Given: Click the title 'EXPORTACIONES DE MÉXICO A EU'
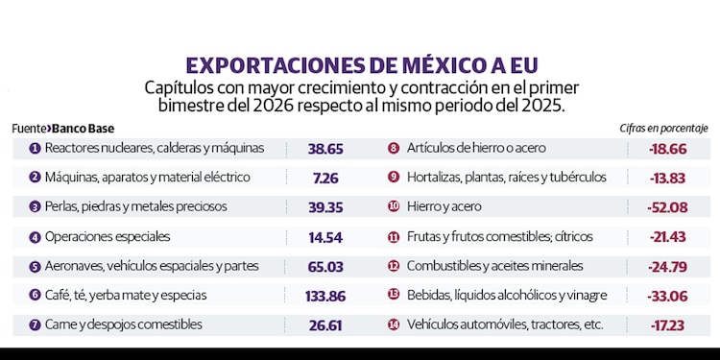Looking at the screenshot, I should (x=360, y=66).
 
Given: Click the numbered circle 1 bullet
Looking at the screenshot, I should (x=35, y=149).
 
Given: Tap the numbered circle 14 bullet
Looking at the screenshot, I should (x=394, y=325).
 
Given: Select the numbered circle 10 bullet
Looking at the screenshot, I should (x=394, y=207).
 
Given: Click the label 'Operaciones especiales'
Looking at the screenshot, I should (x=107, y=237).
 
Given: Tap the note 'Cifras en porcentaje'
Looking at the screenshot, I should (x=664, y=128).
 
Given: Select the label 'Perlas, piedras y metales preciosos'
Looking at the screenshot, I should (x=135, y=207).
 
